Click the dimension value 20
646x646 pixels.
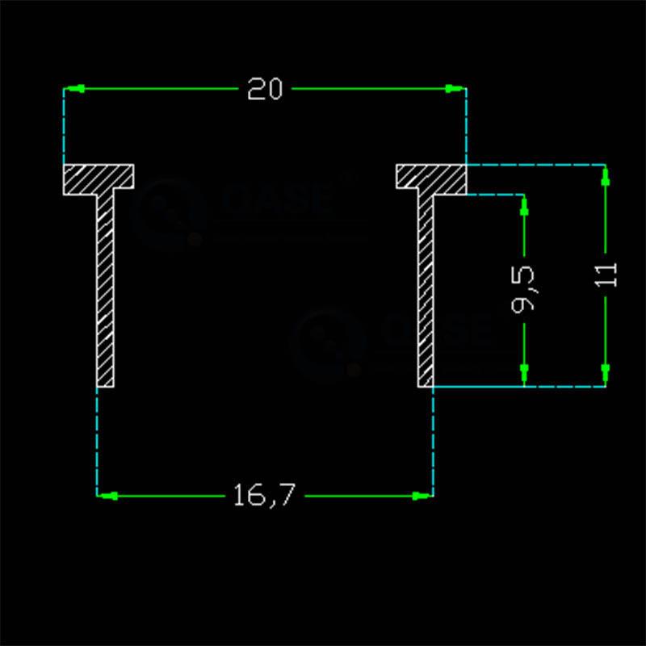click(265, 89)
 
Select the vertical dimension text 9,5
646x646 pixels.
click(524, 291)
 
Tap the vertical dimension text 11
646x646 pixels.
click(608, 275)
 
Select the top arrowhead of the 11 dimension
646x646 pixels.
click(605, 177)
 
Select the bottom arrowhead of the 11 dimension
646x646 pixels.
click(605, 372)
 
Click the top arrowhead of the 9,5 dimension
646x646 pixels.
click(524, 207)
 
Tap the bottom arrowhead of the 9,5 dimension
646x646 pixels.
click(524, 373)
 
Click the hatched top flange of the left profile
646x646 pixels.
click(99, 177)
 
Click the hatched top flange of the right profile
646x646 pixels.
click(431, 177)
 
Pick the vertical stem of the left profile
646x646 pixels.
click(105, 283)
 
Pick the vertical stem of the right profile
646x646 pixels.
click(426, 283)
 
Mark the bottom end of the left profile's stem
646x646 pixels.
click(105, 384)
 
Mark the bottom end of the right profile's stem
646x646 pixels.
click(426, 384)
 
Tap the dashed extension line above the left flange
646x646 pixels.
click(64, 129)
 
